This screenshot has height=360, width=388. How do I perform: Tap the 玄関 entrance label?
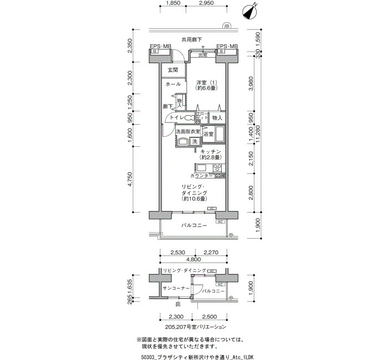tap(172, 70)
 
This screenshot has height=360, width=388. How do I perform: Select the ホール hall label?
tap(173, 84)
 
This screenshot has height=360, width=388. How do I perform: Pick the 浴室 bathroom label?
tap(208, 135)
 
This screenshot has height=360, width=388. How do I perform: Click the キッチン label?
tap(211, 151)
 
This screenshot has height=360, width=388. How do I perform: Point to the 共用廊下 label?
tap(194, 39)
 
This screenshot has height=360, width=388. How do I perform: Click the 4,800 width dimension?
tap(193, 259)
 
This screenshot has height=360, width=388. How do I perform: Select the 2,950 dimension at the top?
tap(206, 3)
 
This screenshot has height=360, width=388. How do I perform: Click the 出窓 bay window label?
tap(203, 54)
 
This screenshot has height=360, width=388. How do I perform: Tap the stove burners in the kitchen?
tap(216, 168)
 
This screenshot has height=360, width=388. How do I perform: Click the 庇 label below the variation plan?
tap(178, 305)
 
